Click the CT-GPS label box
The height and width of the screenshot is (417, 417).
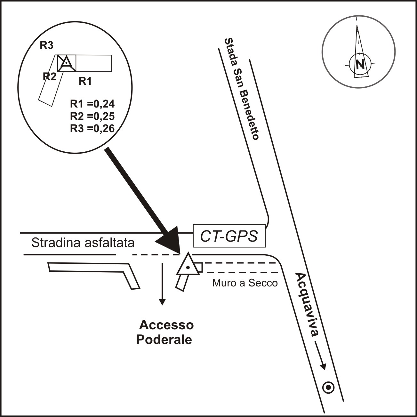click(229, 236)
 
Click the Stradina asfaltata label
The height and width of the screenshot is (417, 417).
click(83, 243)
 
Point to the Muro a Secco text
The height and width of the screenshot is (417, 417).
click(245, 283)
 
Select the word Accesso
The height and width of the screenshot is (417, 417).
click(166, 325)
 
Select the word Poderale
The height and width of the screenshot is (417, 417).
click(164, 340)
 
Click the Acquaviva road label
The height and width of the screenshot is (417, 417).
click(307, 304)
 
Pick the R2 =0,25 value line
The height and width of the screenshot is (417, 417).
click(92, 116)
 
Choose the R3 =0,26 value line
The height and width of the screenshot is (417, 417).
click(92, 128)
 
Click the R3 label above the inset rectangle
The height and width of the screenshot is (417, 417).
click(46, 45)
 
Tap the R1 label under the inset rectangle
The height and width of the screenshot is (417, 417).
click(85, 82)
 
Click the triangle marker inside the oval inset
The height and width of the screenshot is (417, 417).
click(66, 62)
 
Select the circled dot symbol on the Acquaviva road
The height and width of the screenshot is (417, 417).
click(328, 388)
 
